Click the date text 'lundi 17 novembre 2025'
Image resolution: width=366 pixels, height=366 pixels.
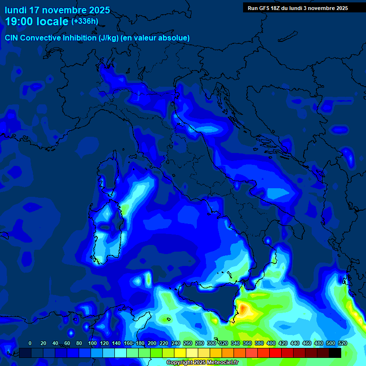click(x=57, y=10)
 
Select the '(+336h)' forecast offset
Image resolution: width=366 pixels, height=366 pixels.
click(x=85, y=21)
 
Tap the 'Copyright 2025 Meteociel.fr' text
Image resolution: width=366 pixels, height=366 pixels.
click(x=202, y=363)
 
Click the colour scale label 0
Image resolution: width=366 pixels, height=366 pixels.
click(x=30, y=343)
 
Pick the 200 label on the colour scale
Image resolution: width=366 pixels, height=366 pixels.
click(x=152, y=343)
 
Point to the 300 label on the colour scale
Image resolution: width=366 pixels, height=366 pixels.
click(x=212, y=343)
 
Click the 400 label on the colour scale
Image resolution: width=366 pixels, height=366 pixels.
click(x=271, y=343)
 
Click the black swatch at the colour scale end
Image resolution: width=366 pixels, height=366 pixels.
click(x=335, y=353)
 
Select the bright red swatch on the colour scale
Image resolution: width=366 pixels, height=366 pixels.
click(x=275, y=353)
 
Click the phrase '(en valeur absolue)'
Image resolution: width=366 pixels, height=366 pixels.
click(x=157, y=38)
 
